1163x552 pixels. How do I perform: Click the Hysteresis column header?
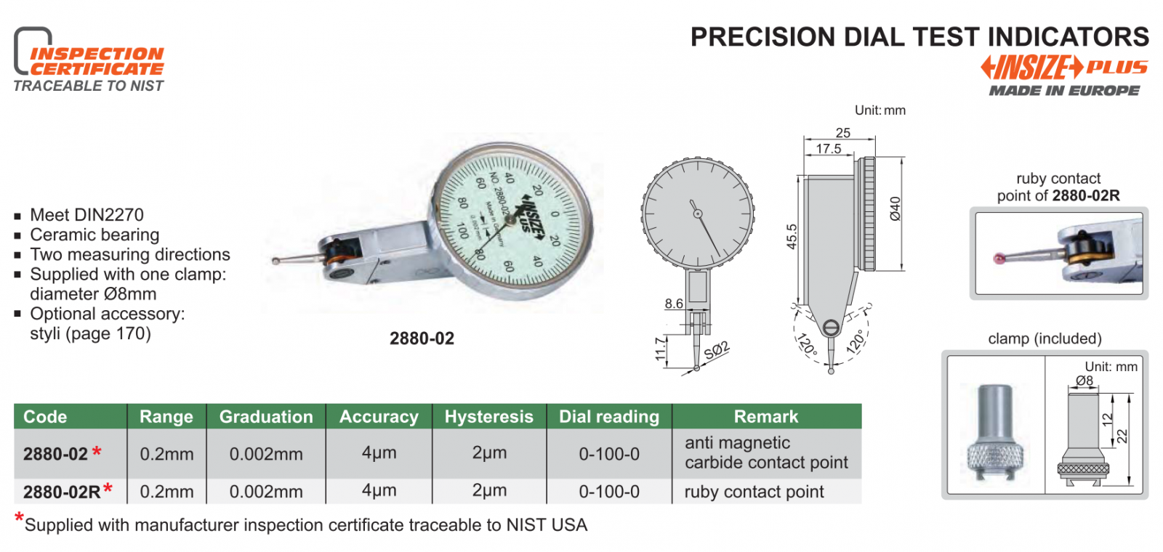click(x=488, y=417)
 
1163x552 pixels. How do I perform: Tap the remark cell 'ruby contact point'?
click(x=754, y=492)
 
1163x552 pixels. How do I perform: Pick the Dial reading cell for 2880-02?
click(x=609, y=454)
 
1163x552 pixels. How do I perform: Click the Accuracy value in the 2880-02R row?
click(x=379, y=491)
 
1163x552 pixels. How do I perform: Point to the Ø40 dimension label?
click(x=896, y=208)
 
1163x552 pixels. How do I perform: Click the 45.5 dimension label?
click(x=792, y=237)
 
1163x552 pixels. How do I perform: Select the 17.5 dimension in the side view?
click(x=828, y=149)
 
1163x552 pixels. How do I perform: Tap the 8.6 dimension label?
click(x=674, y=304)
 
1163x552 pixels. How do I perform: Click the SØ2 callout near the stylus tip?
click(x=717, y=350)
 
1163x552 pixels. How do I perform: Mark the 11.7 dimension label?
click(x=661, y=349)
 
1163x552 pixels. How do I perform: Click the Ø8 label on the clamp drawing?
click(x=1084, y=381)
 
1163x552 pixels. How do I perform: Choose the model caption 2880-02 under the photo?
click(x=422, y=338)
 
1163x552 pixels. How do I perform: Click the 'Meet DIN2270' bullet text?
click(x=86, y=215)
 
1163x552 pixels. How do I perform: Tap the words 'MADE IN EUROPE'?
click(x=1064, y=91)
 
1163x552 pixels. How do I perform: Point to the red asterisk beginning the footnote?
click(x=19, y=519)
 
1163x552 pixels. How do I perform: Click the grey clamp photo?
click(x=995, y=428)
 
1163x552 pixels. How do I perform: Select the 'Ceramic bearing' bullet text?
click(x=94, y=235)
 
